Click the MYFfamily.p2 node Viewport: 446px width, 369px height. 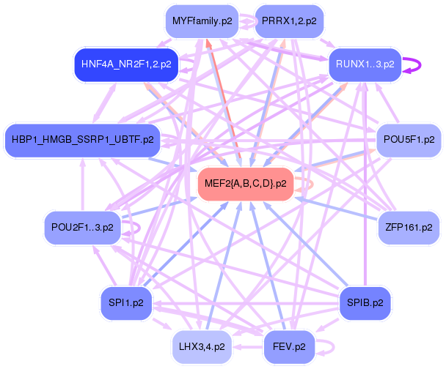pos(202,21)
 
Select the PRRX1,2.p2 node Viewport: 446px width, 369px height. pos(289,21)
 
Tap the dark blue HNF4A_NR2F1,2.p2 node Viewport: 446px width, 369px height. pos(127,64)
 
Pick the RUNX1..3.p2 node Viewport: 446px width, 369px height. pos(365,64)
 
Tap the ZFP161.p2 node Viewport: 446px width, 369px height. pos(409,228)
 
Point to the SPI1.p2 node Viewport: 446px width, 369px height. pos(126,302)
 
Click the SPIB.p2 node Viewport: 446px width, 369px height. pos(365,302)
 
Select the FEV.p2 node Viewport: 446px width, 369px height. pos(290,343)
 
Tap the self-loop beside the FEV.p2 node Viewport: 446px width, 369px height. pos(329,344)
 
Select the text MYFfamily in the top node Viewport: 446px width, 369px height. pos(196,21)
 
